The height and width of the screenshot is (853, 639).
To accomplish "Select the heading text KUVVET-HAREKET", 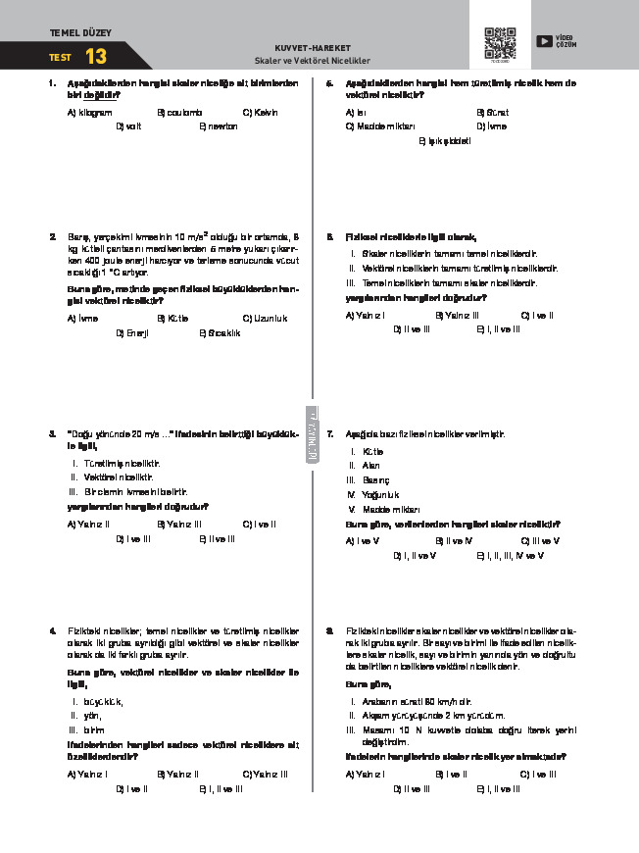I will pos(313,48).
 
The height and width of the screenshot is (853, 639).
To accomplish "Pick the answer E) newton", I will pos(219,126).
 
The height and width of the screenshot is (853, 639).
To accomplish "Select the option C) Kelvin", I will pos(260,113).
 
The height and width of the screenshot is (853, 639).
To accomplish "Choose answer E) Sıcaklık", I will pos(220,332).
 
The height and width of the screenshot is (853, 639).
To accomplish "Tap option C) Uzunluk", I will pos(265,318).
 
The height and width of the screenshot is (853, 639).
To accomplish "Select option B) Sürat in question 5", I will pos(492,113).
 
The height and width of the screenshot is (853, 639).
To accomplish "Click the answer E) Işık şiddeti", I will pos(445,141).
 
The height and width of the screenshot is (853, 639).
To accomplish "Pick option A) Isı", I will pos(357,113).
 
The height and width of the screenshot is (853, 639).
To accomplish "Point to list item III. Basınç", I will pos(369,480).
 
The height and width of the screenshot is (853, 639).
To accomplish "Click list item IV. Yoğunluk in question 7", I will pos(372,495).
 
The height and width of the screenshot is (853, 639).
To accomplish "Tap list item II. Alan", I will pos(365,466).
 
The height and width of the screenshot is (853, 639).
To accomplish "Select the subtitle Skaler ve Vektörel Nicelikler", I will pos(313,60).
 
